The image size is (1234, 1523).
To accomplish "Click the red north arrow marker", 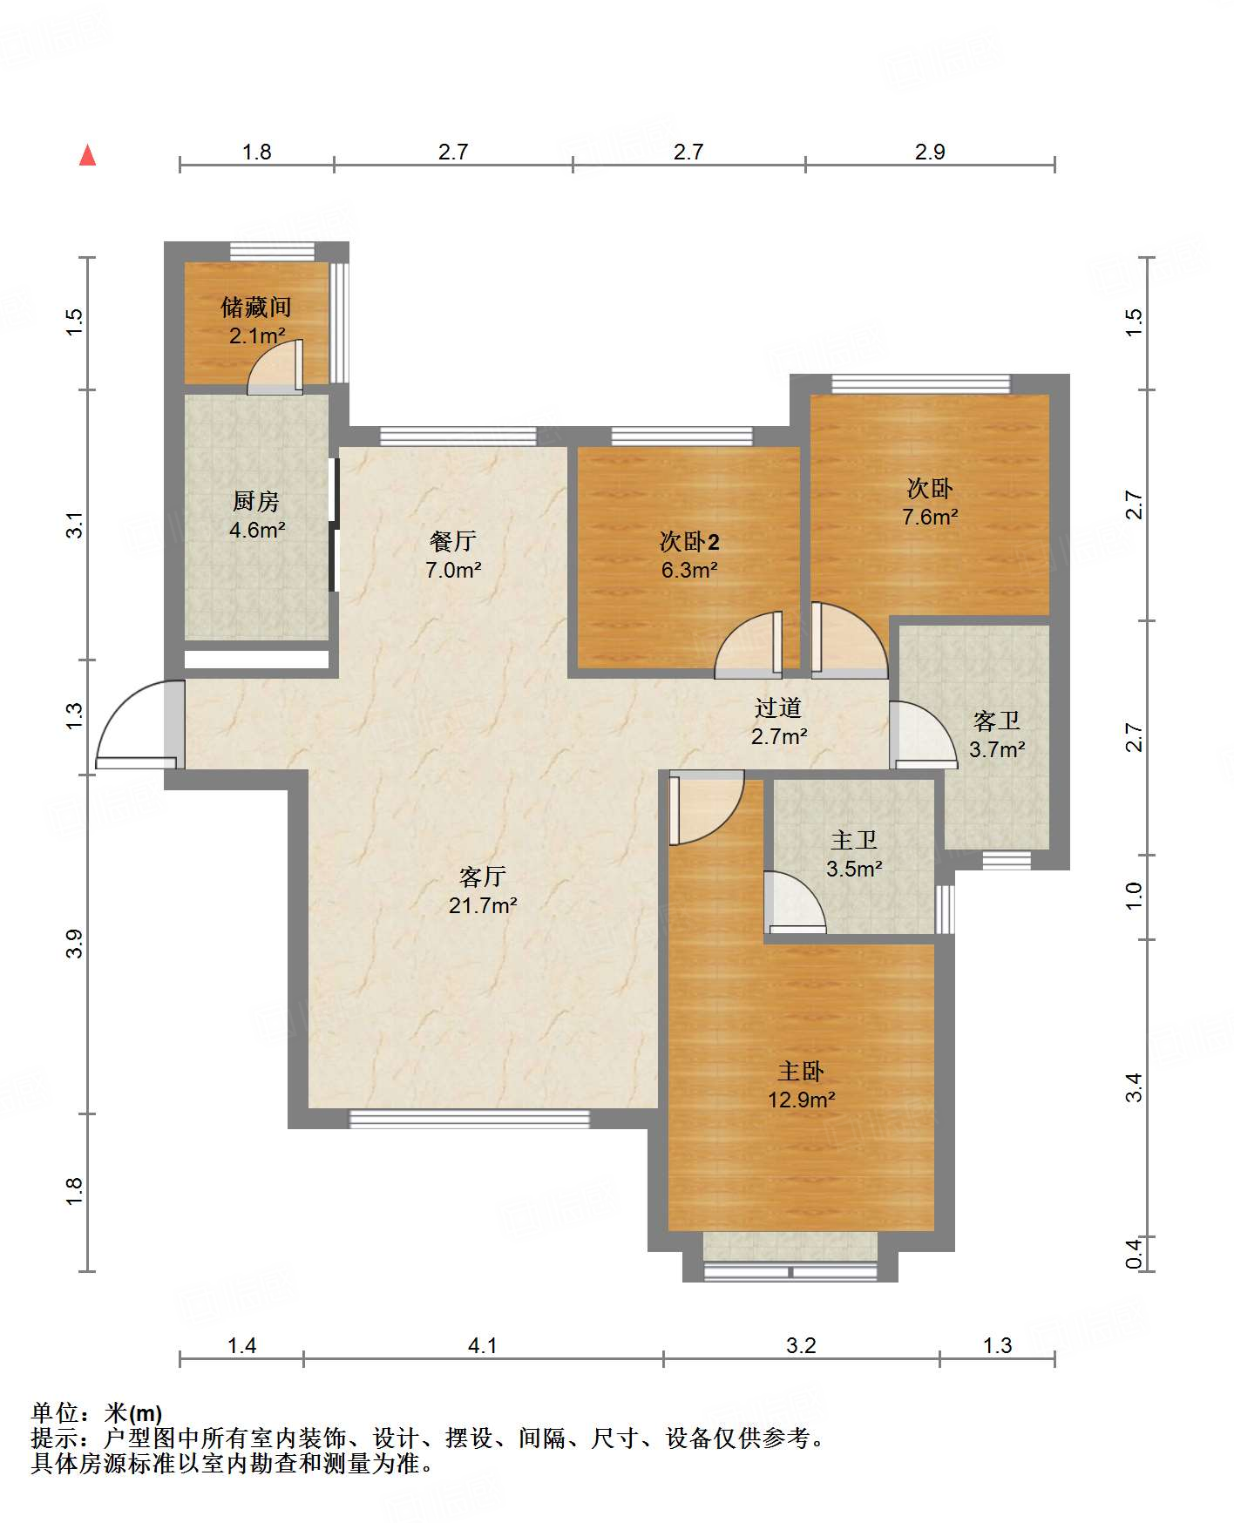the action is tap(87, 155).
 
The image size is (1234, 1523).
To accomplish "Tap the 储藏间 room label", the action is tap(256, 307).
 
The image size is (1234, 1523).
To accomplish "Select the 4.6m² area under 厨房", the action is tap(257, 529).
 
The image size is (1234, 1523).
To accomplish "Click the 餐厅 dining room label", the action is tap(453, 541).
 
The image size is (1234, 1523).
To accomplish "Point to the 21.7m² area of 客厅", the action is tap(483, 905).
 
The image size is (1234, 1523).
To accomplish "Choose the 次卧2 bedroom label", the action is tap(689, 542).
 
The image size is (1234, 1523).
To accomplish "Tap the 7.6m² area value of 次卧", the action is tap(930, 517).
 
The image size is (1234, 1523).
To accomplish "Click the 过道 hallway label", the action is tap(778, 707).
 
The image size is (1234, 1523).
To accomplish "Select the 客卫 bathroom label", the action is tap(997, 721).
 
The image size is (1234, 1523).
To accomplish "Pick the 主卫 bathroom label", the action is tap(854, 840).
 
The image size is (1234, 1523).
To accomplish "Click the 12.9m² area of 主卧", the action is tap(802, 1100).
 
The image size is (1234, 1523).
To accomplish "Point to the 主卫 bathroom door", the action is tap(795, 902).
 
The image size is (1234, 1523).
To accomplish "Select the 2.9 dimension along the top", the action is tap(930, 152).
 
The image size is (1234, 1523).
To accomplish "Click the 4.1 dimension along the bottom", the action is tap(482, 1345).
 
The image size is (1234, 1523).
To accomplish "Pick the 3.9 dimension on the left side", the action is tap(74, 944).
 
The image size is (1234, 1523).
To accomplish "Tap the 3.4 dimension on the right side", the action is tap(1133, 1086).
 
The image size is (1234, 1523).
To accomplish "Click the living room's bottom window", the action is tap(470, 1119).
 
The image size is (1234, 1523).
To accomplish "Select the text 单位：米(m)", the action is tap(97, 1412).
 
